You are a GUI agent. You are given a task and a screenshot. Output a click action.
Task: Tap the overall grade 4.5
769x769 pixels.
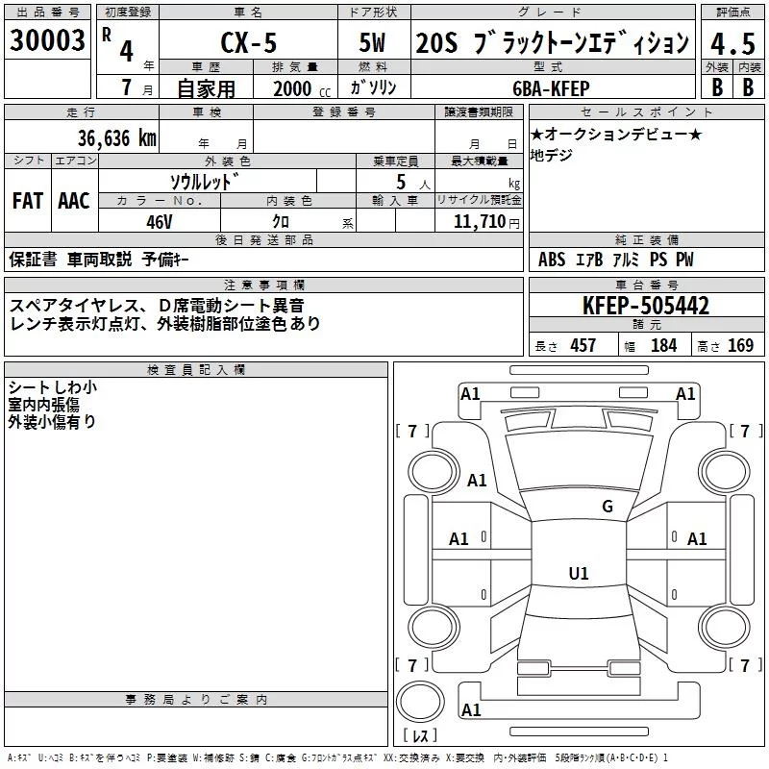tap(731, 43)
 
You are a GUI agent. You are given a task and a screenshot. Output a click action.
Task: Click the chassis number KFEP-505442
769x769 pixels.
tap(646, 307)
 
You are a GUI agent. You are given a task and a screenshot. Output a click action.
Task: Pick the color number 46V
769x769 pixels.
tap(159, 220)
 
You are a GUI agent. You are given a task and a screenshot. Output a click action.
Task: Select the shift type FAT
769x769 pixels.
tap(27, 201)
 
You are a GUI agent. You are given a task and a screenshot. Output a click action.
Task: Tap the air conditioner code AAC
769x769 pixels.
tap(74, 201)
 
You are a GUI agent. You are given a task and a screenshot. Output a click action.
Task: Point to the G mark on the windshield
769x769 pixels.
tap(607, 507)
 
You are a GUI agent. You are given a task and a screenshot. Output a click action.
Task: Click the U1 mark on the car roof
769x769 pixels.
tap(578, 573)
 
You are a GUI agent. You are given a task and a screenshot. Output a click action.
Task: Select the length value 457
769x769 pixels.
tap(583, 346)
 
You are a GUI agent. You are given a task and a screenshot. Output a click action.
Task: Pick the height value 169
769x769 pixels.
tap(740, 346)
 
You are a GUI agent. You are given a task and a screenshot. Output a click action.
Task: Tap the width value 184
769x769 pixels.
tap(663, 346)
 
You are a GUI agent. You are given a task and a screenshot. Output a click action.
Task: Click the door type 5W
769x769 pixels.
tap(373, 44)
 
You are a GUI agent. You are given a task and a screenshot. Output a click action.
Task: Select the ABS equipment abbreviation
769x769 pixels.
tap(552, 260)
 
